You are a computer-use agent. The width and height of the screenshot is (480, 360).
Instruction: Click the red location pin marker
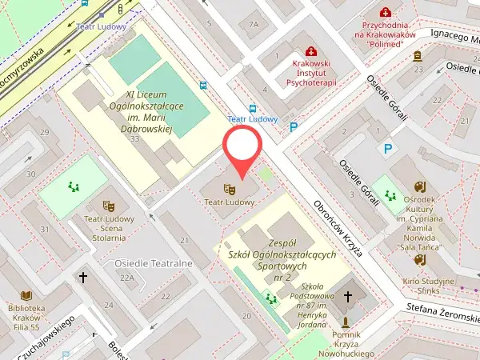click(x=242, y=148)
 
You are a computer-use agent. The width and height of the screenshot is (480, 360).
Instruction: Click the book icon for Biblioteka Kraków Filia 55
click(x=27, y=295)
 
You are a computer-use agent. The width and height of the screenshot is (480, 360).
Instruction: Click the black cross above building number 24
click(x=82, y=278)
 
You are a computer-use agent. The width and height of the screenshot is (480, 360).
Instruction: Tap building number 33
click(x=134, y=139)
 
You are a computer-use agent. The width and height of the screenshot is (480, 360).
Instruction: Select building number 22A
click(x=126, y=278)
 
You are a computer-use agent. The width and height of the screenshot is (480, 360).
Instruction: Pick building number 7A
click(x=254, y=24)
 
